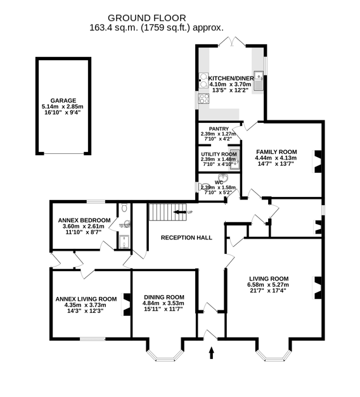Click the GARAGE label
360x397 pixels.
(63, 101)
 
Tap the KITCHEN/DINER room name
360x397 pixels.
(231, 78)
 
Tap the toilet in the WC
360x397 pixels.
(202, 187)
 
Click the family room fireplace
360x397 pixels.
(318, 160)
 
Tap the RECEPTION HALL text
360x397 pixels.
(186, 238)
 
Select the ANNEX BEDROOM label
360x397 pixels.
(83, 220)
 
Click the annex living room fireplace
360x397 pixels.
(126, 303)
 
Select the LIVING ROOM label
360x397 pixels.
(268, 279)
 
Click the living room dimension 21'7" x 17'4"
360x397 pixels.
(268, 291)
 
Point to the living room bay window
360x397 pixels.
(274, 350)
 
